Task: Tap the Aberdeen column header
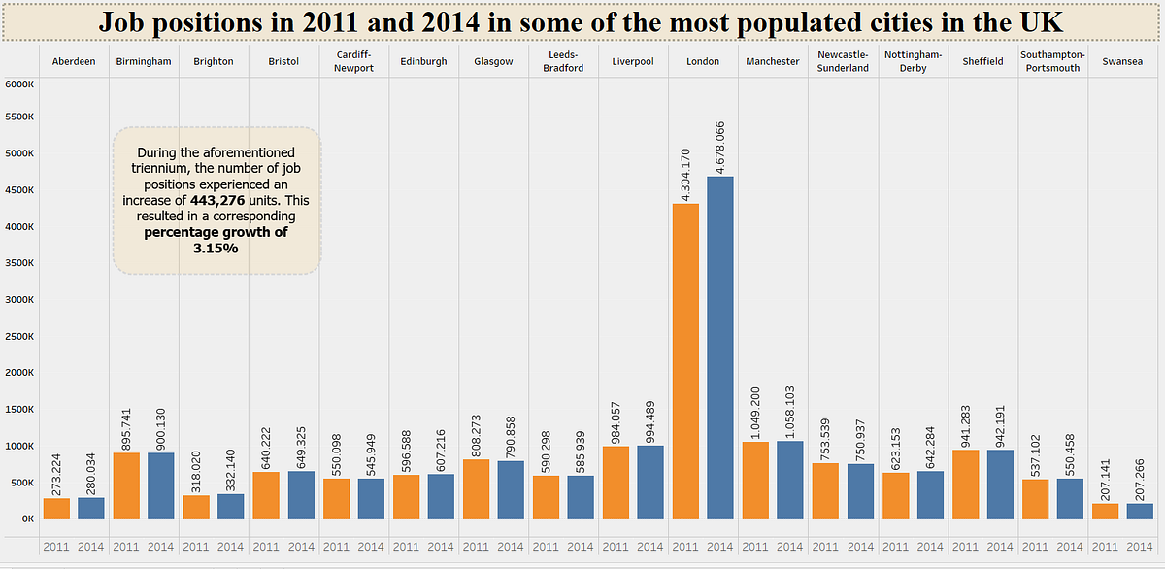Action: click(x=74, y=62)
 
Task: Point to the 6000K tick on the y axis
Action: click(x=19, y=84)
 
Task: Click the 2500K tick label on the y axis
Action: click(x=19, y=336)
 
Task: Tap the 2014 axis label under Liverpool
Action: click(x=649, y=547)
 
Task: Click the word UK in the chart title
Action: click(x=1042, y=21)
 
